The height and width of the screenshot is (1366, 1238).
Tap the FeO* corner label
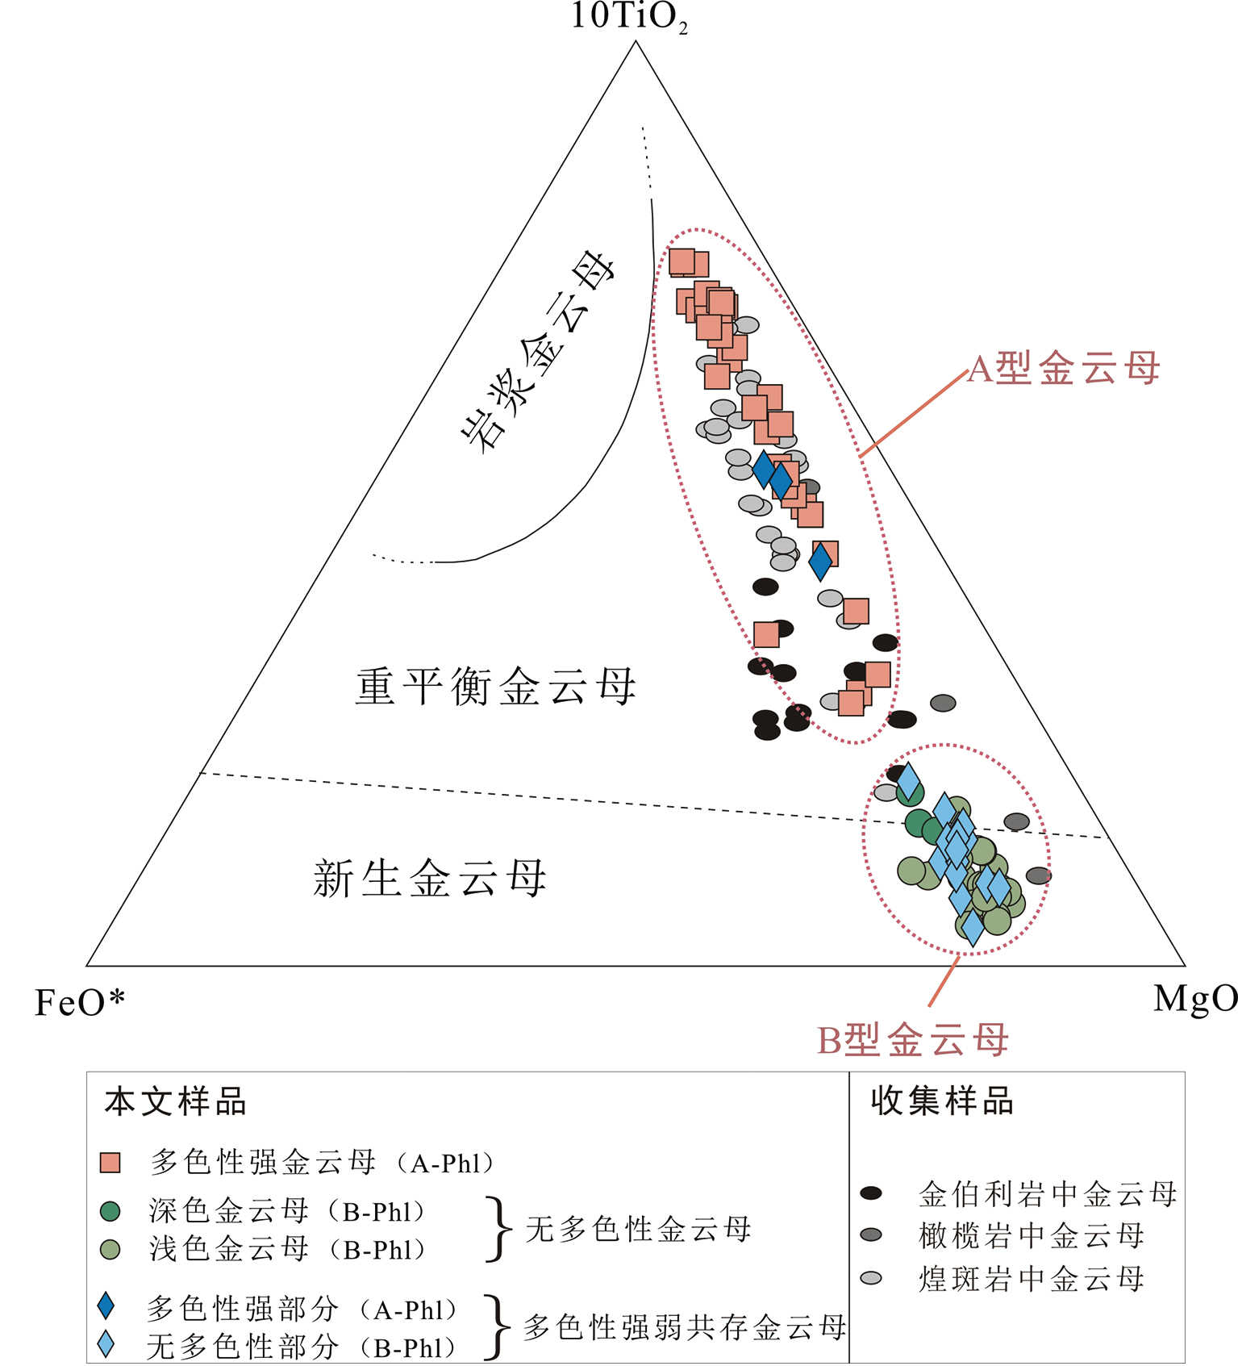80,1003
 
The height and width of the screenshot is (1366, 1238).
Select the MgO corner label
1194,999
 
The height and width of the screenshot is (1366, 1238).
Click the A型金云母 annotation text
1063,369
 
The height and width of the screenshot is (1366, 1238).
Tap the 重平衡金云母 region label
495,687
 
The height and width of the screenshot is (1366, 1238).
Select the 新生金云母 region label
430,879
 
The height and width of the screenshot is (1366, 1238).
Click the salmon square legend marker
110,1163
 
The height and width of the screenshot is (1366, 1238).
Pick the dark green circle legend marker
110,1211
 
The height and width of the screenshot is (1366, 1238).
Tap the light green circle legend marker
110,1250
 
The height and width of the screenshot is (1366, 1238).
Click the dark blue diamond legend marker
106,1305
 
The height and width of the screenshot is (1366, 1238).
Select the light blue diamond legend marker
106,1344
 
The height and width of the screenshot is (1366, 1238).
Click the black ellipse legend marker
871,1193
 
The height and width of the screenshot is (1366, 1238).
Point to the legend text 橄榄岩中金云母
1032,1235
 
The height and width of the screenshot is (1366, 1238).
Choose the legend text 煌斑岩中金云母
1032,1279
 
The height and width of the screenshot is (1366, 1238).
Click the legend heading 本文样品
175,1102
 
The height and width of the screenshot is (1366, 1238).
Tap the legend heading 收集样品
941,1101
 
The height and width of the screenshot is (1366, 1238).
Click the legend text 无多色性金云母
638,1230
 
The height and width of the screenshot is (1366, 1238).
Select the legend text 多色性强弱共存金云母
685,1327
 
